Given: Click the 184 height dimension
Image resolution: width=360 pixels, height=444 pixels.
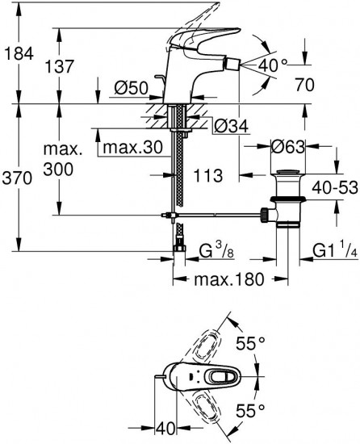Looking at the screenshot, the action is coord(19,54).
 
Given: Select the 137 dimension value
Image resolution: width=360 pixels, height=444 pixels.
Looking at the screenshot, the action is coord(60,67).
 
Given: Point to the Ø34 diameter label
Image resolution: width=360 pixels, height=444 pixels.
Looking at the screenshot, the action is coord(231,126).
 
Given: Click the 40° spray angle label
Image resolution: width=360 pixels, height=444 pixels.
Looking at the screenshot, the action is coord(273,65).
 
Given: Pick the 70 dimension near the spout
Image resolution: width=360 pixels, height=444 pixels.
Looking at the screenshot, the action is coord(304,85).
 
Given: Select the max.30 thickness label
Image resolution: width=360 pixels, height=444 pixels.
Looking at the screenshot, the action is coord(132,147).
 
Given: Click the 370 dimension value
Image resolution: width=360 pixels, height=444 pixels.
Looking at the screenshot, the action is coord(17,178).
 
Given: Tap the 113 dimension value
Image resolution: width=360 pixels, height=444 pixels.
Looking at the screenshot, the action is coord(208,175).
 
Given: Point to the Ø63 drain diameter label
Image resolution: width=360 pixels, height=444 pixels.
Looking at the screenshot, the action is coord(288,146).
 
